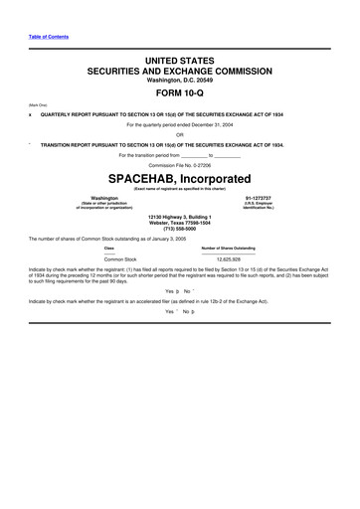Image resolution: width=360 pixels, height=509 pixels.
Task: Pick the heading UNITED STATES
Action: (x=180, y=62)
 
